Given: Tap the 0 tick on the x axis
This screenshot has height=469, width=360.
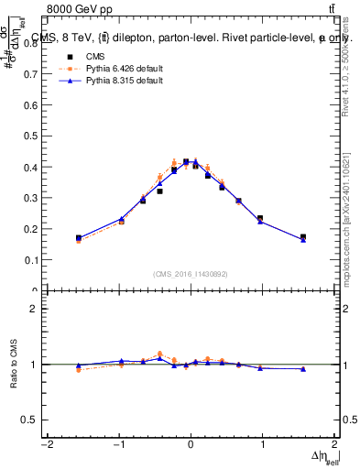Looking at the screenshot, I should [191, 446].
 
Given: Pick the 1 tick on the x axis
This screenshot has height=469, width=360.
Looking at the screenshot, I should [263, 446].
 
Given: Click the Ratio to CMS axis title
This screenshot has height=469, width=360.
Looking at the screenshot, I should [13, 365].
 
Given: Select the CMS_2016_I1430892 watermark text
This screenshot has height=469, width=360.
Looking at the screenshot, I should [191, 273].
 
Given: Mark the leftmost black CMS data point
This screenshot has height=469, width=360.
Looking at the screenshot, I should [79, 238].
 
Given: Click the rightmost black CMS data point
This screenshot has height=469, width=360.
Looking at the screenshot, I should [303, 237].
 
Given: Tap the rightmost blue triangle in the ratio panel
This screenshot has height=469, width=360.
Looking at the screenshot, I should [303, 369].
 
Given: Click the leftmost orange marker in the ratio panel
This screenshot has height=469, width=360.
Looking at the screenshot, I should [79, 370].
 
